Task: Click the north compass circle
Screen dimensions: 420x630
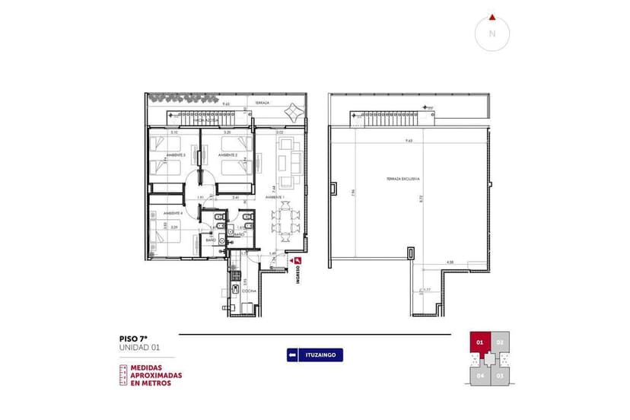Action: (x=492, y=33)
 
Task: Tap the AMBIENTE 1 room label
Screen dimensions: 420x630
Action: (x=275, y=197)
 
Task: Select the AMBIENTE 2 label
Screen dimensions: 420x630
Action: (x=228, y=155)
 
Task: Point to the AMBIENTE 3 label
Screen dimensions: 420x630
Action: (x=175, y=155)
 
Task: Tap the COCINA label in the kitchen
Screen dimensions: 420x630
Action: (x=249, y=291)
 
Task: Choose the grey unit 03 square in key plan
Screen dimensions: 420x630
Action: (x=500, y=374)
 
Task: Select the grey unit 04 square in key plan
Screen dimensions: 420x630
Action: (x=480, y=374)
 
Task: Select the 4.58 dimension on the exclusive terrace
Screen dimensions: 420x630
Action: (x=450, y=262)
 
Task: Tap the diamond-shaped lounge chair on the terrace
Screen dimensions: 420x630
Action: (x=293, y=113)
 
